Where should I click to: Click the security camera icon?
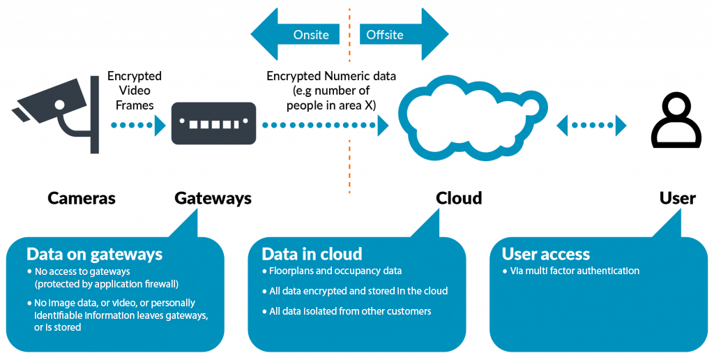pyautogui.click(x=52, y=105)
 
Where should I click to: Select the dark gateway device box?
pyautogui.click(x=213, y=123)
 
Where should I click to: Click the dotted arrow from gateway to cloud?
pyautogui.click(x=325, y=126)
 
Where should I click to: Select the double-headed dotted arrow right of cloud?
pyautogui.click(x=591, y=126)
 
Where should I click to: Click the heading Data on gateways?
pyautogui.click(x=94, y=254)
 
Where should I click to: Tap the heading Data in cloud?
pyautogui.click(x=312, y=254)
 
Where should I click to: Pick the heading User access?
pyautogui.click(x=546, y=254)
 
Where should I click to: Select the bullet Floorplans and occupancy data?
pyautogui.click(x=335, y=271)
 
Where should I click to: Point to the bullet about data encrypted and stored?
pyautogui.click(x=358, y=291)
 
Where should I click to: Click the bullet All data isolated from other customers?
pyautogui.click(x=350, y=311)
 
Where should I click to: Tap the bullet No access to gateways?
pyautogui.click(x=82, y=271)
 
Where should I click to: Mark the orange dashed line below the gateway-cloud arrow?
pyautogui.click(x=349, y=167)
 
